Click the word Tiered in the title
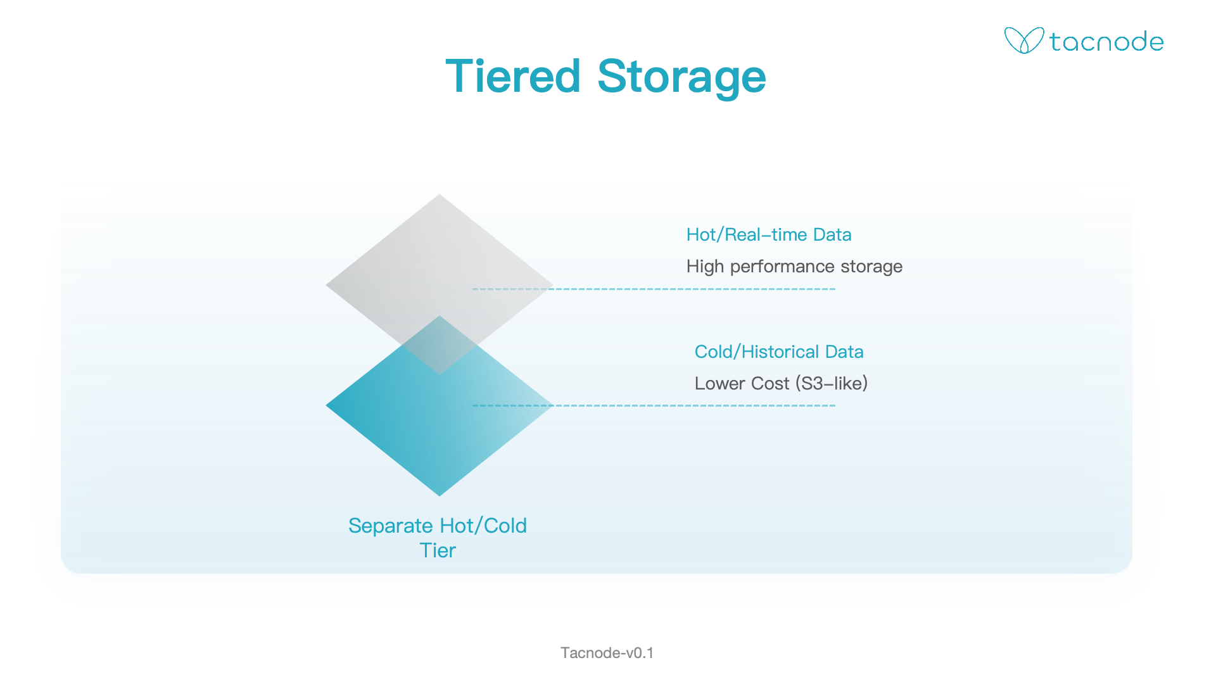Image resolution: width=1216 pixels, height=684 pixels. pyautogui.click(x=513, y=76)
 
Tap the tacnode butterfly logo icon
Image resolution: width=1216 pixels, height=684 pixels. pyautogui.click(x=1023, y=41)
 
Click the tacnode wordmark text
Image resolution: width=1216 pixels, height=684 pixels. pyautogui.click(x=1106, y=42)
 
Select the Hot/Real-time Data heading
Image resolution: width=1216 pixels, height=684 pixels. pyautogui.click(x=769, y=235)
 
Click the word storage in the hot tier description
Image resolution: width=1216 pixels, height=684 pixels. pyautogui.click(x=871, y=267)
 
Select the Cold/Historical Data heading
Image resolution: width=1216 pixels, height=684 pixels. pyautogui.click(x=779, y=352)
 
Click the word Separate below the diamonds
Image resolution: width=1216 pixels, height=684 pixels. pyautogui.click(x=391, y=526)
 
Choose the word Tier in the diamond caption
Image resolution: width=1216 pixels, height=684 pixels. pyautogui.click(x=438, y=550)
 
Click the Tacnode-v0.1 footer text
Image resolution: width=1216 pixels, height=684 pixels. pyautogui.click(x=607, y=653)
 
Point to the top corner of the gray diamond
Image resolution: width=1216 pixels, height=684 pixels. pyautogui.click(x=440, y=194)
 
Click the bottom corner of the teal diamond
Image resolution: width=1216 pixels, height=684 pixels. pyautogui.click(x=440, y=496)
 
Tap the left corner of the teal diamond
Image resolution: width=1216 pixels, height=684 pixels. pyautogui.click(x=326, y=405)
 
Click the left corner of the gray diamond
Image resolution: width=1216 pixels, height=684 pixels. pyautogui.click(x=326, y=285)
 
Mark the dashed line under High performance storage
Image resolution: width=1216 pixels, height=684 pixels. pyautogui.click(x=654, y=289)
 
